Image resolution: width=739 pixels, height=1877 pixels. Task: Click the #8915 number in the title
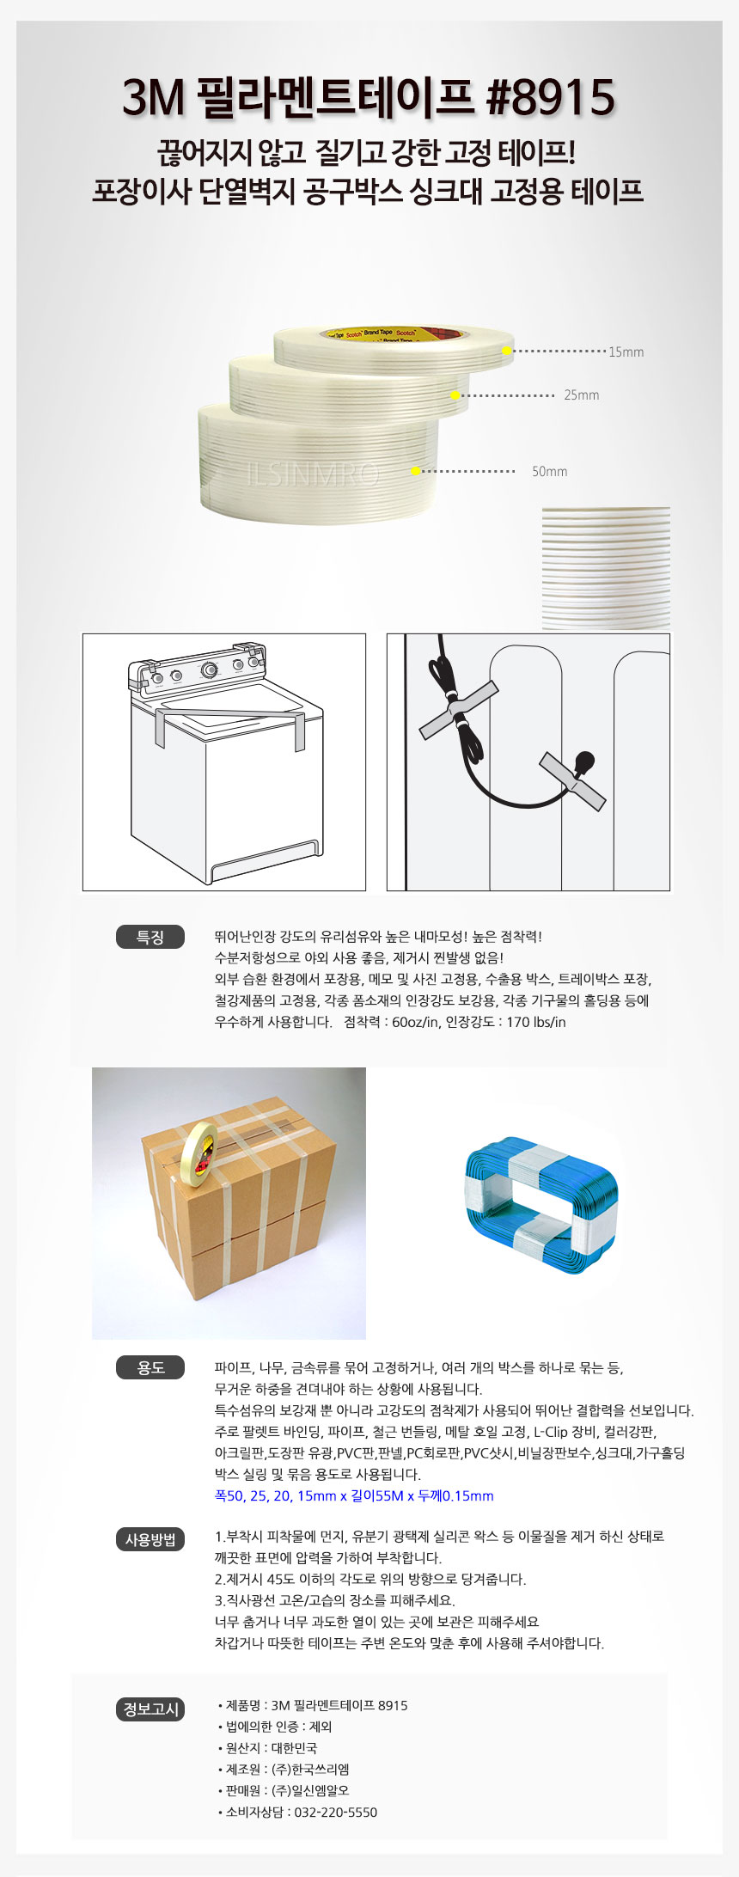pos(550,97)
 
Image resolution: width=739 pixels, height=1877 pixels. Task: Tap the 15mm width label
pos(626,352)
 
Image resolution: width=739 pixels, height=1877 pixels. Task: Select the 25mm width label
pos(581,395)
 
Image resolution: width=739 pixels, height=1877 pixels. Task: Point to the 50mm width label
pos(549,472)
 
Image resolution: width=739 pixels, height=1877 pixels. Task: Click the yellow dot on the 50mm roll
pos(415,471)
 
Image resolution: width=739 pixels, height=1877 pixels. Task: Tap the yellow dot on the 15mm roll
pos(507,351)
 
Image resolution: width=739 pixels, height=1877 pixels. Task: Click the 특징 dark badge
pos(150,937)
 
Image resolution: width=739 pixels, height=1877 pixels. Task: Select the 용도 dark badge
pos(150,1367)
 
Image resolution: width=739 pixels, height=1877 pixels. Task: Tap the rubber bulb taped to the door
pos(584,763)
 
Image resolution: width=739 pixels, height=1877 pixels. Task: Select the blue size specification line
pos(353,1496)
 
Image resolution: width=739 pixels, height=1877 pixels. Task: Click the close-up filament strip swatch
pos(606,567)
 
